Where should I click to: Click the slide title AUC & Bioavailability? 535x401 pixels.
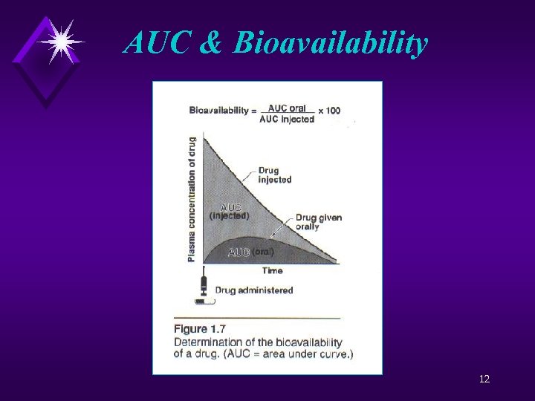pyautogui.click(x=276, y=42)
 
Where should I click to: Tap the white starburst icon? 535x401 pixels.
pyautogui.click(x=59, y=41)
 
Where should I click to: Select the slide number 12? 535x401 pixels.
pyautogui.click(x=484, y=379)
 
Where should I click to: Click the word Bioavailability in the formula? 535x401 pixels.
pyautogui.click(x=219, y=111)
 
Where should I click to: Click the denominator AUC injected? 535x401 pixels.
pyautogui.click(x=287, y=120)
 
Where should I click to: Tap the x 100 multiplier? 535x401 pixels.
pyautogui.click(x=329, y=111)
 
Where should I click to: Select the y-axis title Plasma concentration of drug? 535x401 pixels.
pyautogui.click(x=192, y=198)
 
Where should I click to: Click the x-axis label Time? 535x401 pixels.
pyautogui.click(x=272, y=271)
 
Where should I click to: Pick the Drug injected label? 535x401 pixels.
pyautogui.click(x=274, y=175)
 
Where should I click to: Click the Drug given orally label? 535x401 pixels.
pyautogui.click(x=318, y=221)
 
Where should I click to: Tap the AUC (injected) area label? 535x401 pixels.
pyautogui.click(x=229, y=212)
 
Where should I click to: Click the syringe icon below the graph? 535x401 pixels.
pyautogui.click(x=203, y=290)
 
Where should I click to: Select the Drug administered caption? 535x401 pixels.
pyautogui.click(x=254, y=290)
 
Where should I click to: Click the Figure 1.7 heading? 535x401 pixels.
pyautogui.click(x=201, y=329)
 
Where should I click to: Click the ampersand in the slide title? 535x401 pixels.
pyautogui.click(x=211, y=43)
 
